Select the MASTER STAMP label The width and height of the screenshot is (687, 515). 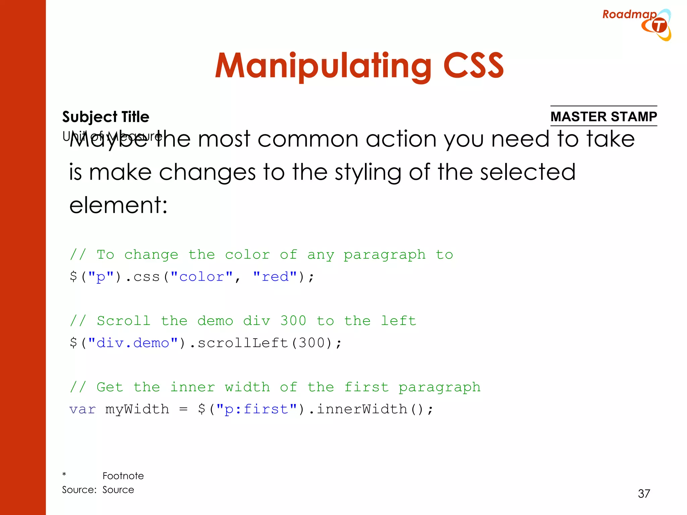pyautogui.click(x=603, y=116)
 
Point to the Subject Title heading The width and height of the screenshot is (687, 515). pyautogui.click(x=106, y=117)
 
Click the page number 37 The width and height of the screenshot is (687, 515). pyautogui.click(x=644, y=493)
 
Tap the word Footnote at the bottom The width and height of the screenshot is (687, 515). pyautogui.click(x=123, y=476)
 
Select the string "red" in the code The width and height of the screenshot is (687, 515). pyautogui.click(x=275, y=277)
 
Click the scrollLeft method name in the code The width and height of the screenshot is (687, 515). pyautogui.click(x=243, y=343)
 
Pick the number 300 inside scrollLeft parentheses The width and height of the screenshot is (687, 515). pyautogui.click(x=312, y=343)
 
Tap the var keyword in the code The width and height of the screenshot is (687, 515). pyautogui.click(x=83, y=409)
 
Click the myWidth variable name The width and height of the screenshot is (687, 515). pyautogui.click(x=137, y=409)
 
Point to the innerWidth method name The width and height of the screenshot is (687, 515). pyautogui.click(x=362, y=409)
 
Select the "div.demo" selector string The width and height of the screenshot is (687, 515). pyautogui.click(x=133, y=343)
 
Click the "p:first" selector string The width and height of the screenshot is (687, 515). pyautogui.click(x=257, y=409)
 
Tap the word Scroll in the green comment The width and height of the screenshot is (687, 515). pyautogui.click(x=123, y=321)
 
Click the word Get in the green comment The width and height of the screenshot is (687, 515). pyautogui.click(x=110, y=387)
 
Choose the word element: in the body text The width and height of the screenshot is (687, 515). pyautogui.click(x=118, y=205)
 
